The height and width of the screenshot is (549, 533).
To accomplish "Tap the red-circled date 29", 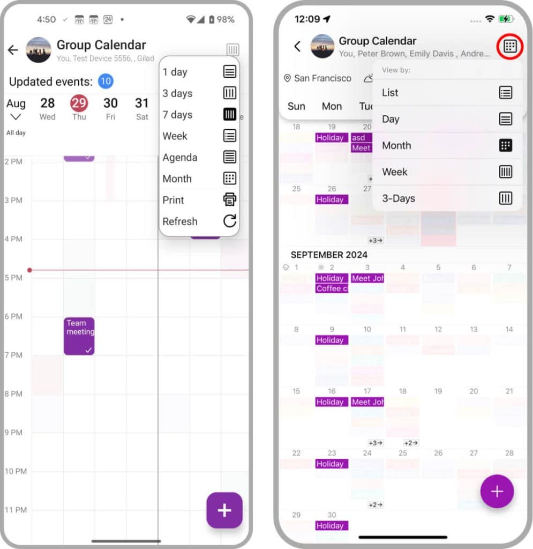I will coord(79,103).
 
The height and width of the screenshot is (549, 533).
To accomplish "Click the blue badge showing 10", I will coord(106,81).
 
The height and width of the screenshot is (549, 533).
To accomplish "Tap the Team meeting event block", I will coord(79,336).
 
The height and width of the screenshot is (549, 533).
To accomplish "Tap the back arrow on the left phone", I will coord(13,50).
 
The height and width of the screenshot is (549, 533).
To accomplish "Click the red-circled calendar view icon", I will coord(510,47).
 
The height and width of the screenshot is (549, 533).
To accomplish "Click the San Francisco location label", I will coord(318,78).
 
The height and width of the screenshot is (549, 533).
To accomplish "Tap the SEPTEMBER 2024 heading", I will coord(329,255).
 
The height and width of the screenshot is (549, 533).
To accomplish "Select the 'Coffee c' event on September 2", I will coord(332,288).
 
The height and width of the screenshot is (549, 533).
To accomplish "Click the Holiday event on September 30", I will coord(332,526).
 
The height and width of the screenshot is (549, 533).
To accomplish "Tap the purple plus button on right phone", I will coord(497,491).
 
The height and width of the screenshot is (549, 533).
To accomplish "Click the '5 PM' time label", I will coord(13,278).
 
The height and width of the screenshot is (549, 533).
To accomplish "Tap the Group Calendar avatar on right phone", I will coord(322,46).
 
